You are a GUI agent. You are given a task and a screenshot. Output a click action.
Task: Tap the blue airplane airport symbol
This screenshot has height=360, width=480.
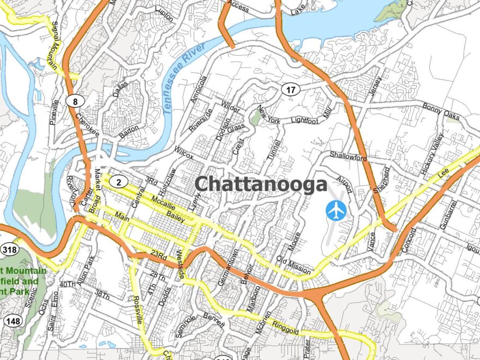(x=336, y=210)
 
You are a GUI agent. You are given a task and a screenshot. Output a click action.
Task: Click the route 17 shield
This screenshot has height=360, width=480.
(x=292, y=89)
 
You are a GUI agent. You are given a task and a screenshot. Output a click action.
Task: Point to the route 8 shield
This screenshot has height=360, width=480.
(x=74, y=100)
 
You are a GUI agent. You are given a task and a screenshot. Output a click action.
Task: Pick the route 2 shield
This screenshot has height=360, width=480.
(x=119, y=181)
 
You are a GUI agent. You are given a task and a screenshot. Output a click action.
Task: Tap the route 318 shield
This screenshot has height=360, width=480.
(x=9, y=250)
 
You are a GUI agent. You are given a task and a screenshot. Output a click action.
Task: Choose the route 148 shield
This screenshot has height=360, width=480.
(x=11, y=320)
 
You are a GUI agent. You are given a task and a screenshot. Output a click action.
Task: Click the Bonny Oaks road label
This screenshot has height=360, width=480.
(x=441, y=111)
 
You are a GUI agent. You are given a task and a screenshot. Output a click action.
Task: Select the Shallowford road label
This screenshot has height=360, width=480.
(x=348, y=156)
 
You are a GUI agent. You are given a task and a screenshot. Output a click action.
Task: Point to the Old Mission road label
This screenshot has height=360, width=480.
(x=293, y=265)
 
